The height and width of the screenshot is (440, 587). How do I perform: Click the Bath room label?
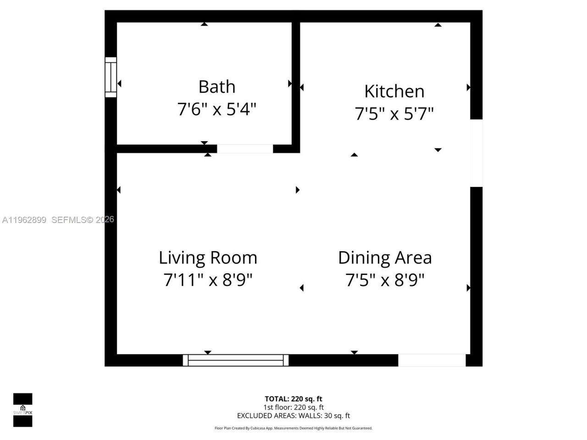[x=217, y=87]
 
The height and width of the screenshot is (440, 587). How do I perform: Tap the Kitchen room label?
[x=394, y=91]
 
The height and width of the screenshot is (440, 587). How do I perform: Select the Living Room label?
[x=208, y=258]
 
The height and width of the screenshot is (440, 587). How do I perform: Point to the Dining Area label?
[x=385, y=258]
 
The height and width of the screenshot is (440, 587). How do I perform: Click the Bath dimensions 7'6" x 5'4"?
[x=217, y=109]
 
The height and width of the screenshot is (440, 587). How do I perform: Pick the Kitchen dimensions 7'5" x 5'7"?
[x=394, y=113]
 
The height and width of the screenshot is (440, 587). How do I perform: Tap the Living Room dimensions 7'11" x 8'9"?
[x=208, y=279]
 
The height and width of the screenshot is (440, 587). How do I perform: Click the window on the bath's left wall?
[x=111, y=77]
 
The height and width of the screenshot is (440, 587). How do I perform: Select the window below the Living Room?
[x=236, y=360]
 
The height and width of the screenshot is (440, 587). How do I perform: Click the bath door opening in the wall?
[x=245, y=148]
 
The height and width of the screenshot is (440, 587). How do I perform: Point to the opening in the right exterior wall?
[x=476, y=153]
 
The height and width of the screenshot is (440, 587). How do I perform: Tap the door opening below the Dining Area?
[x=432, y=360]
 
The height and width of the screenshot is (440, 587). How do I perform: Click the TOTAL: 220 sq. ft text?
[x=293, y=399]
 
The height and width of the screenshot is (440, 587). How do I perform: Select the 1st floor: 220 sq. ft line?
[x=293, y=407]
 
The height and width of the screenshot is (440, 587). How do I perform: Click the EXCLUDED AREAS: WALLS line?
[x=293, y=416]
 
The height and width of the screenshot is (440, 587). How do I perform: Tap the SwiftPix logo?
[x=22, y=410]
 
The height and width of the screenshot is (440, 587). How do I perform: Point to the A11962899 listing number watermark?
[x=24, y=220]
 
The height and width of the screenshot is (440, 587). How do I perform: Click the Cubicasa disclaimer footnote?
[x=293, y=428]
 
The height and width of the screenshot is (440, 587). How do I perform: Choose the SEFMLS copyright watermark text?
[x=83, y=220]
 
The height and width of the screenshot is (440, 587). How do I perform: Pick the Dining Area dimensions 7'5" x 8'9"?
[x=385, y=279]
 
